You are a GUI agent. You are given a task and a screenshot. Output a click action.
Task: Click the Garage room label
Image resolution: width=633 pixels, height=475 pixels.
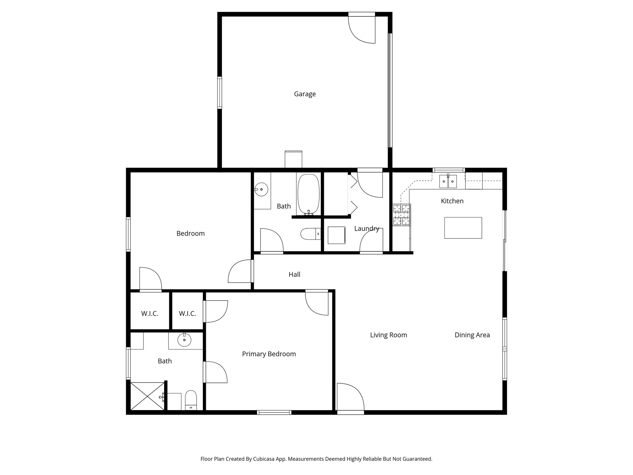pos(305,94)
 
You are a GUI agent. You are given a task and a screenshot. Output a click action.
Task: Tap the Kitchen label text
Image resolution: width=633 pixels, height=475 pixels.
pos(452,201)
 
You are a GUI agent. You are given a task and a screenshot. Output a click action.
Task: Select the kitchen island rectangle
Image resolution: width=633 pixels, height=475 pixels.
pos(463,228)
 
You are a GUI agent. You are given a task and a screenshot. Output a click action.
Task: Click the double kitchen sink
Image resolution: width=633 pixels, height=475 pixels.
pos(448,181)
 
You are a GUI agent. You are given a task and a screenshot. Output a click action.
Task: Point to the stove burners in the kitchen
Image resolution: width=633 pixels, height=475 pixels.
pos(401,215)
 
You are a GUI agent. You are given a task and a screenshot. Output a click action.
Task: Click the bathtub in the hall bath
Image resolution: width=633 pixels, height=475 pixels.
pos(308,194)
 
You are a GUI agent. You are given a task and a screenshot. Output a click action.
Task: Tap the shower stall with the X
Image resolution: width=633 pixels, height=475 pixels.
pos(147,396)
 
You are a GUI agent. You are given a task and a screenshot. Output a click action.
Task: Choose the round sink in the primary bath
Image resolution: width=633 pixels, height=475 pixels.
pos(184,341)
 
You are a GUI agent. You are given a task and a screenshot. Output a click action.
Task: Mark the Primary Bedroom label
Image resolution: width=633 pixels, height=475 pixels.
pos(269,354)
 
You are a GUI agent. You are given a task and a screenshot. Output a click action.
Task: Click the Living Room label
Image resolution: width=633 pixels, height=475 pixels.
pos(389,335)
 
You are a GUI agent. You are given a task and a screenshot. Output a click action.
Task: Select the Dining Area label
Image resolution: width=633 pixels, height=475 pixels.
pos(472,335)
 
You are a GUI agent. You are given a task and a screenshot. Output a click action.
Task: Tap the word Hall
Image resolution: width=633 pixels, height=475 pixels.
pos(294,274)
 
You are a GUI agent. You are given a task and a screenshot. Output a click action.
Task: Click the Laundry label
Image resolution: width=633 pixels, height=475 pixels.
pos(367,229)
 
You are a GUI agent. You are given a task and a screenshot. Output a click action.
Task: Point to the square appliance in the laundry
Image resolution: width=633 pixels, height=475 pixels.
pos(336,235)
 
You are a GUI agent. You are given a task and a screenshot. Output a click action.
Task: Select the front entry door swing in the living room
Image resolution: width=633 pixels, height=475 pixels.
pos(350,398)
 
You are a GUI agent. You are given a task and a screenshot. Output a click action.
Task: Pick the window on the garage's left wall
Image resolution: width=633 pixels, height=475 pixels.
pos(219,93)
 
